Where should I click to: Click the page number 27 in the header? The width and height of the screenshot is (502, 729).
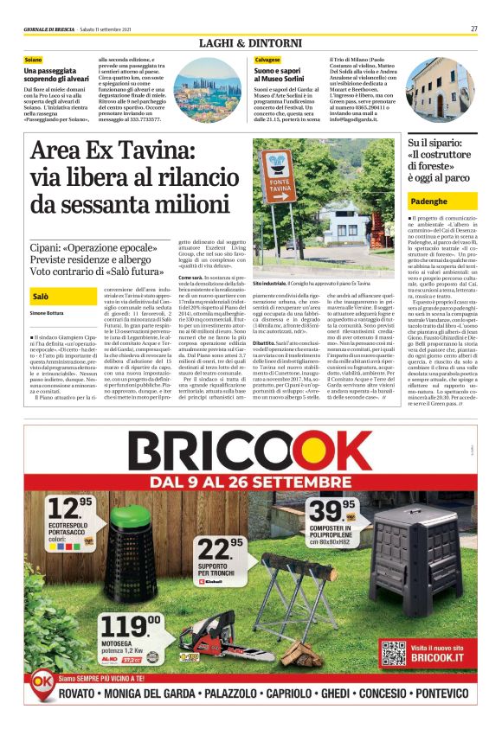pyautogui.click(x=473, y=29)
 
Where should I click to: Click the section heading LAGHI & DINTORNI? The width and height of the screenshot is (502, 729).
pyautogui.click(x=250, y=42)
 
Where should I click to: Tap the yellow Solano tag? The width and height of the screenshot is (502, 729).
pyautogui.click(x=33, y=59)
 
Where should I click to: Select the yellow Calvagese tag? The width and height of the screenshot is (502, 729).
pyautogui.click(x=267, y=59)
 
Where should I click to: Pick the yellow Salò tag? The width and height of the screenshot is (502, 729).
pyautogui.click(x=40, y=296)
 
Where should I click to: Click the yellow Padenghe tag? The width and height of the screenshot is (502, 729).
pyautogui.click(x=428, y=201)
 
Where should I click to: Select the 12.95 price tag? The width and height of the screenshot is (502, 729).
pyautogui.click(x=69, y=507)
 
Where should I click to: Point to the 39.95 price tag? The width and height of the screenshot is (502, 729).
pyautogui.click(x=331, y=509)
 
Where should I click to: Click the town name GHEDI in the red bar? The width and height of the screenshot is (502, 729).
pyautogui.click(x=337, y=694)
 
